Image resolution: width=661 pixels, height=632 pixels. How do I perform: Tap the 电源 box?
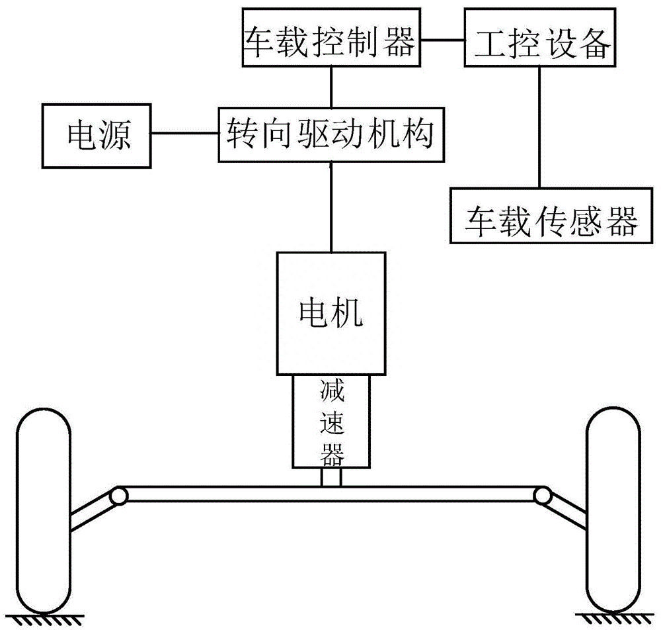coord(98,136)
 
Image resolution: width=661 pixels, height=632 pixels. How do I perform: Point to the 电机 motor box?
coord(331,313)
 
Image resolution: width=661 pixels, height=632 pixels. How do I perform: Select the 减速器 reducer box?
coord(331,421)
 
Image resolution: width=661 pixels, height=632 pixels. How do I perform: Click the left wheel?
coord(42,510)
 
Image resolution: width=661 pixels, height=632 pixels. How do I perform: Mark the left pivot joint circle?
coord(118,496)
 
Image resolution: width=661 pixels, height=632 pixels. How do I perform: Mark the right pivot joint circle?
coord(543,494)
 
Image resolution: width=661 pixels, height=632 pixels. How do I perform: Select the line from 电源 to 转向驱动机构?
coord(186,134)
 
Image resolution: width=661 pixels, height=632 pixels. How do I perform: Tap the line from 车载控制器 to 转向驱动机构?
coord(331,87)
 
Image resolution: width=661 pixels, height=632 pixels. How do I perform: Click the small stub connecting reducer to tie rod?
coord(331,477)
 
